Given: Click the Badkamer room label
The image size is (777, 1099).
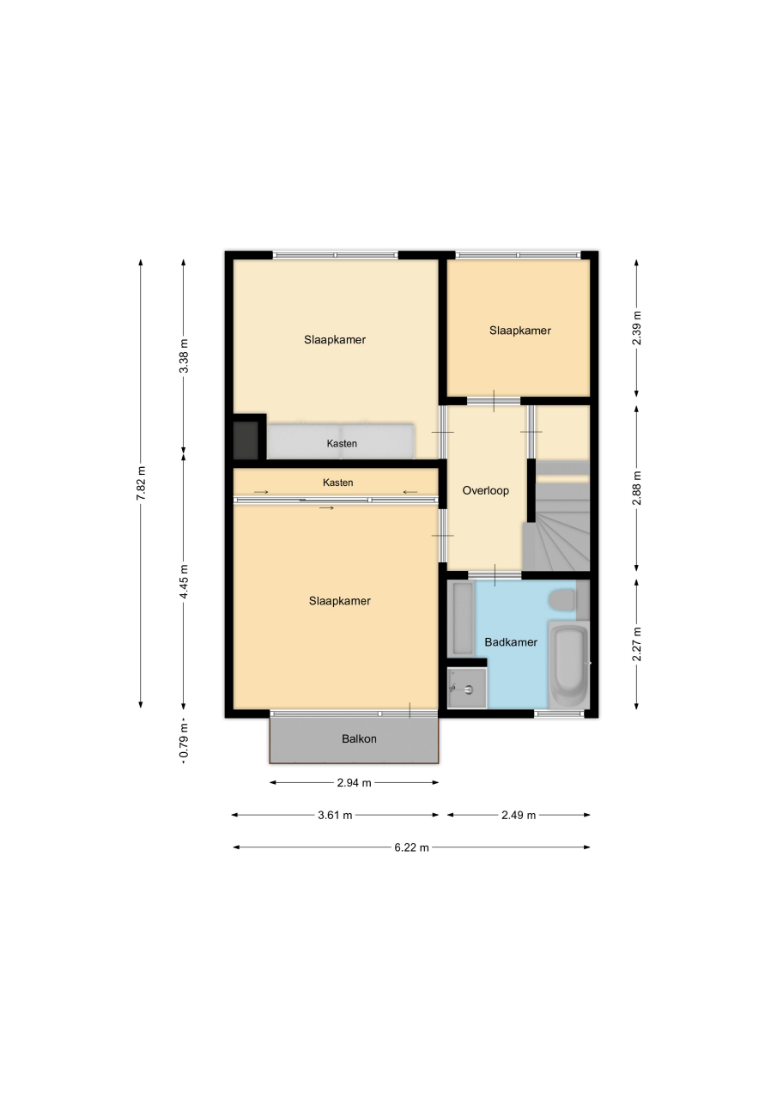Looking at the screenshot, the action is click(x=511, y=642).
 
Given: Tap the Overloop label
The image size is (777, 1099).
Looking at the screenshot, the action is click(x=486, y=490).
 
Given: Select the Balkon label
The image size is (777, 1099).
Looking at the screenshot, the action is click(x=359, y=739).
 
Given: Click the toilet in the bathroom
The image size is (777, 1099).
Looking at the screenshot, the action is click(x=562, y=600).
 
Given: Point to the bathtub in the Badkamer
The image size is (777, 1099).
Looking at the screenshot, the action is click(x=568, y=665).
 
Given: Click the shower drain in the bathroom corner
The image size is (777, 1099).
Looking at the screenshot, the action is click(x=470, y=689).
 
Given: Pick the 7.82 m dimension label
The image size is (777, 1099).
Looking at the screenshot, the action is click(x=142, y=483).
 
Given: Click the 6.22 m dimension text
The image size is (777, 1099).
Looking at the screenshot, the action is click(x=411, y=847).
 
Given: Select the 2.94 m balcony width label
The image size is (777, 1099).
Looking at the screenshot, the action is click(x=355, y=783).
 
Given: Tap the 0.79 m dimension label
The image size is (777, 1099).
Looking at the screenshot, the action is click(x=184, y=743).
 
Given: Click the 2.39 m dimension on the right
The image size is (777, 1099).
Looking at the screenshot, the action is click(x=637, y=328).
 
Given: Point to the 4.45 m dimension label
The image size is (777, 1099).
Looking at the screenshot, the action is click(x=184, y=581).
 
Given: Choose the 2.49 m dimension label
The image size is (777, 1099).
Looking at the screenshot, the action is click(x=519, y=816).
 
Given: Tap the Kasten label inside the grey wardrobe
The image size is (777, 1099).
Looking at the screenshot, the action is click(x=342, y=444).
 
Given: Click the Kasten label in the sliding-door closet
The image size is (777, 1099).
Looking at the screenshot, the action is click(x=338, y=483).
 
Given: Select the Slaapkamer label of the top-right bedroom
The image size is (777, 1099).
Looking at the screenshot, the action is click(x=520, y=331).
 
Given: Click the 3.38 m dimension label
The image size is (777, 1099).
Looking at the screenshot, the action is click(x=184, y=355).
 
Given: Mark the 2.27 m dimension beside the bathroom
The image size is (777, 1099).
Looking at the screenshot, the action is click(x=637, y=644).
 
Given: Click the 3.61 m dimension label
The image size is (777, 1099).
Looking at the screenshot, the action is click(x=335, y=816).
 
